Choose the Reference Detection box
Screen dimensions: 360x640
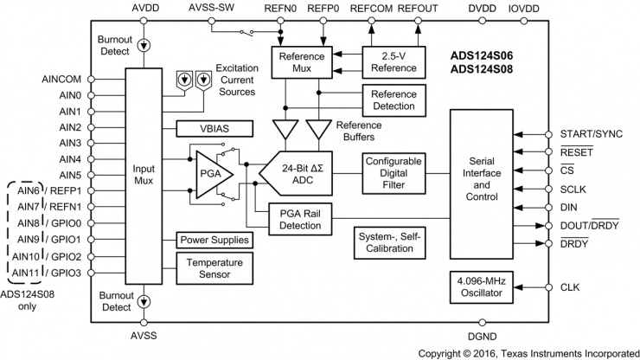pyautogui.click(x=393, y=101)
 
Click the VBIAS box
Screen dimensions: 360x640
pyautogui.click(x=214, y=129)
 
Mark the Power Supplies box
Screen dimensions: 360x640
pyautogui.click(x=214, y=240)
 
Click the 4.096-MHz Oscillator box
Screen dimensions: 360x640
pyautogui.click(x=480, y=287)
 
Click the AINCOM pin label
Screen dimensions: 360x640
pyautogui.click(x=61, y=79)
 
